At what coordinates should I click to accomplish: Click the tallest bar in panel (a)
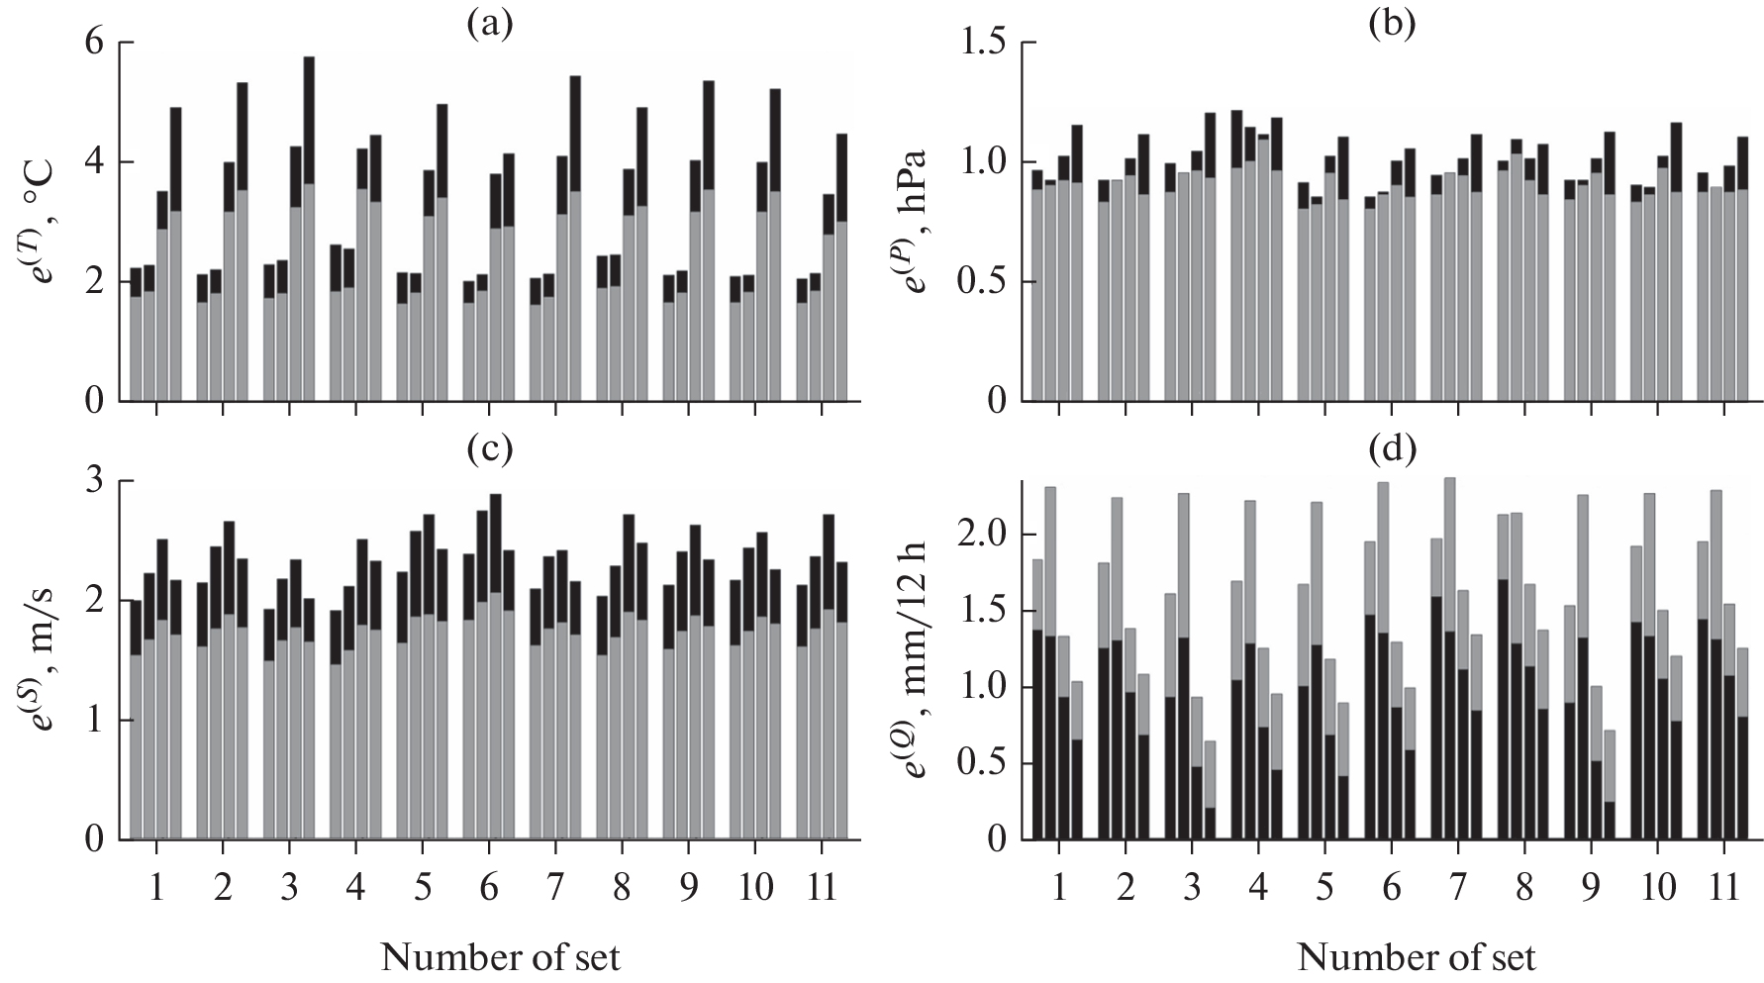click(x=309, y=228)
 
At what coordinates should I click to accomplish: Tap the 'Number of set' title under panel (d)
click(x=1417, y=957)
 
